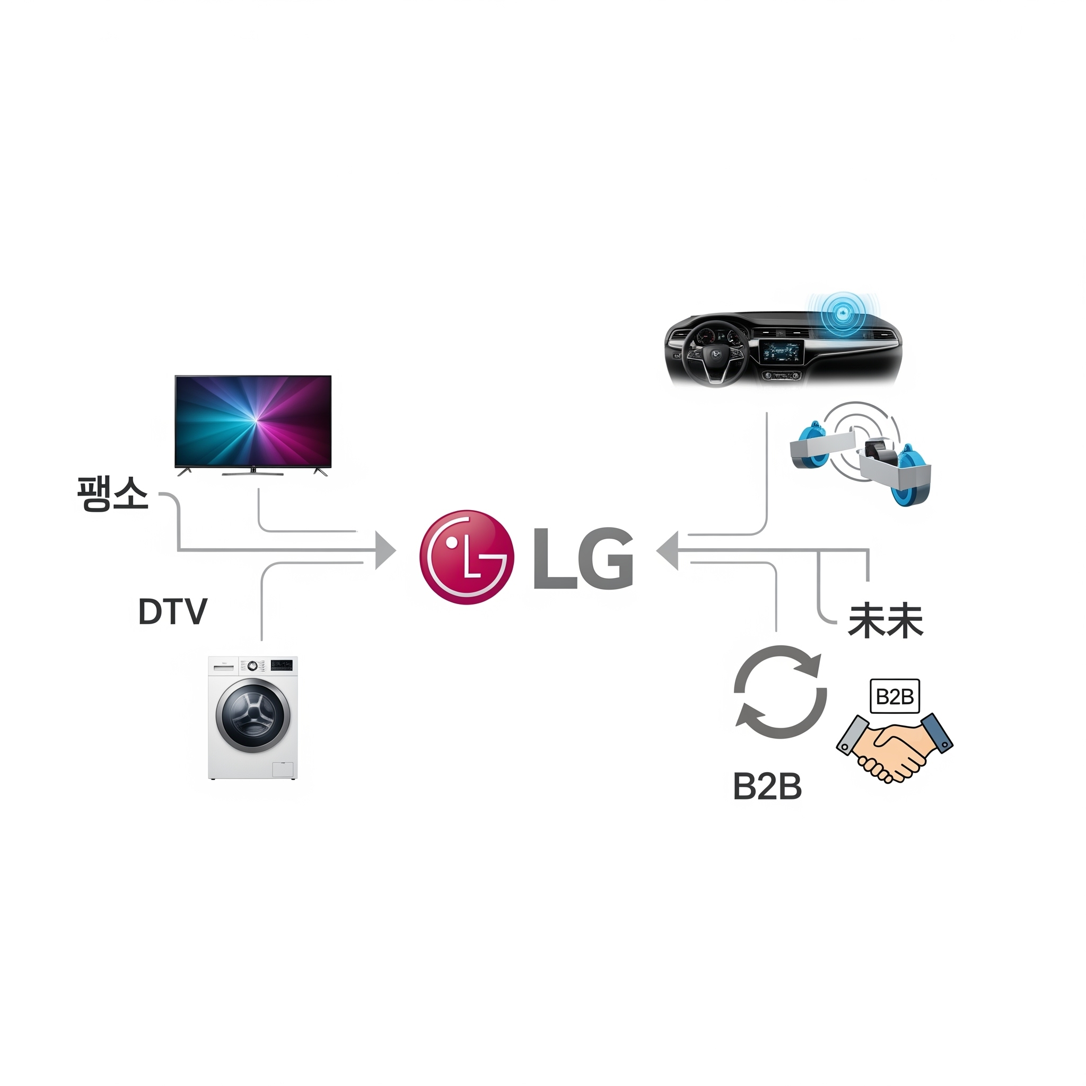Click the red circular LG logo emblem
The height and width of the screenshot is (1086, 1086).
click(467, 557)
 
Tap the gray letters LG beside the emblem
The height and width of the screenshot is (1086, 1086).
click(583, 558)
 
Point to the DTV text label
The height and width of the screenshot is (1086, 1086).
click(172, 611)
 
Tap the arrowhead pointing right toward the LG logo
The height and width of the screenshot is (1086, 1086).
click(386, 550)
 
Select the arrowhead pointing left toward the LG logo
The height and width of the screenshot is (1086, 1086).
click(667, 550)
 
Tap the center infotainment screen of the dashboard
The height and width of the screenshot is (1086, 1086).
click(781, 353)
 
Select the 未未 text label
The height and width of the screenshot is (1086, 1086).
click(886, 621)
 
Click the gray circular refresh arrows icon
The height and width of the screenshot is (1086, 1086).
click(780, 692)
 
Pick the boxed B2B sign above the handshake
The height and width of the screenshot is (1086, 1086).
click(895, 697)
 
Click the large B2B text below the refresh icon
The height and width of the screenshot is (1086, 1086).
click(767, 786)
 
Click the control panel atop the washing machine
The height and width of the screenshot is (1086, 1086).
click(253, 665)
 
